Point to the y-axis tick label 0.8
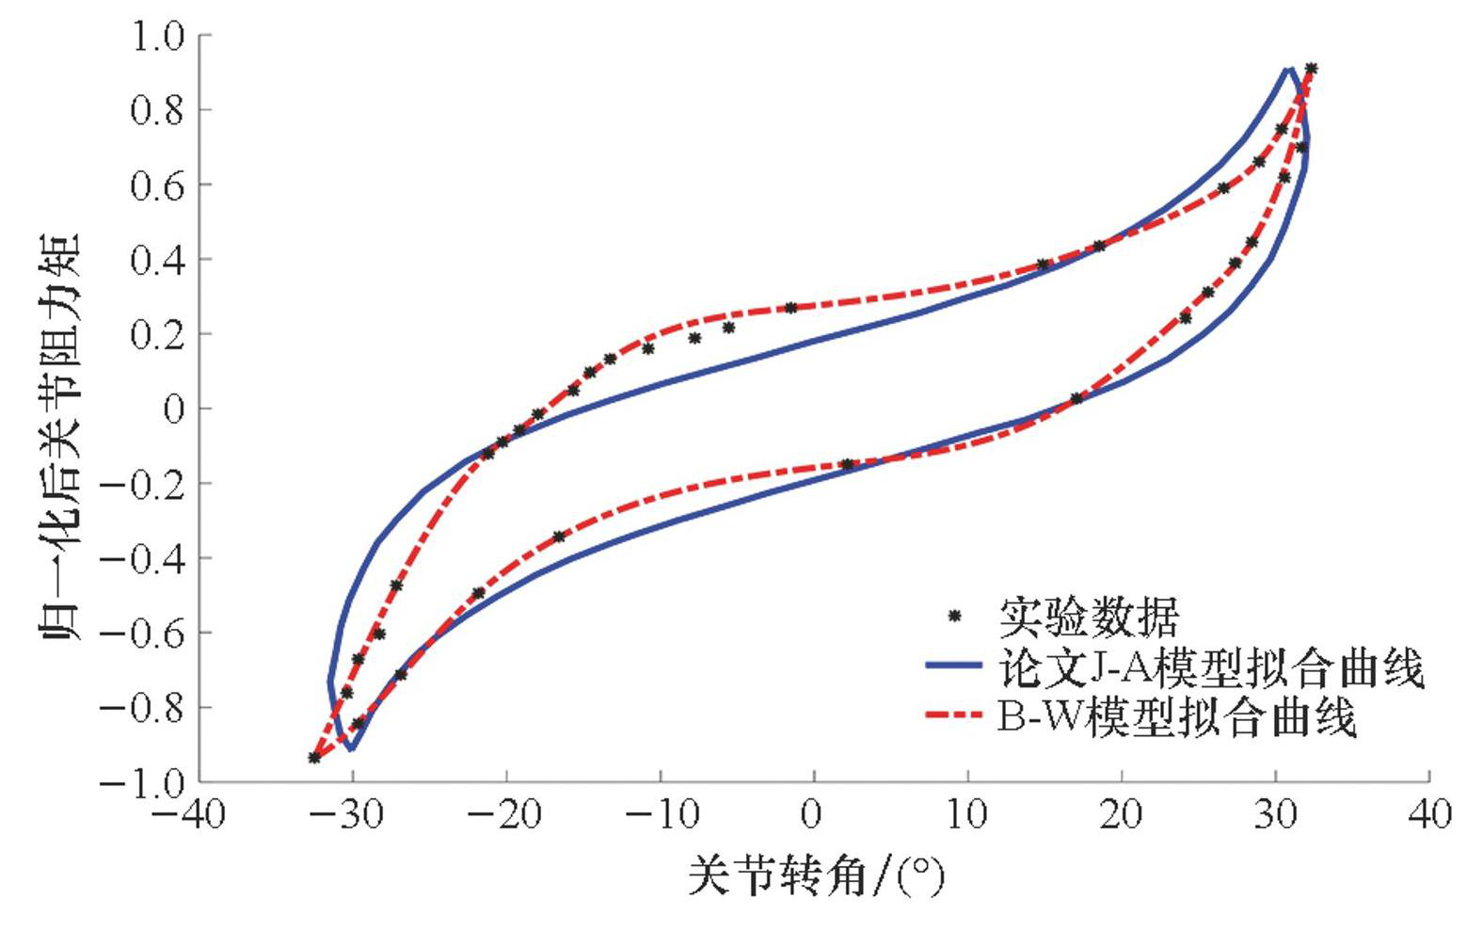159,110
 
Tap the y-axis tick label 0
174,409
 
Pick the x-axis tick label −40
188,815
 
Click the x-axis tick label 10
967,815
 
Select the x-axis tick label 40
1429,815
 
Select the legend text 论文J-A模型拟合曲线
1209,668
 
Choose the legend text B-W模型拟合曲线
1176,718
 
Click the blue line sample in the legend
954,666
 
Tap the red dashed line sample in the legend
954,715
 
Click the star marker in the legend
954,617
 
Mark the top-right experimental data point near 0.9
1311,69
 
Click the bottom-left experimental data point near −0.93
314,757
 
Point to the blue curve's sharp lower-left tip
350,749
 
